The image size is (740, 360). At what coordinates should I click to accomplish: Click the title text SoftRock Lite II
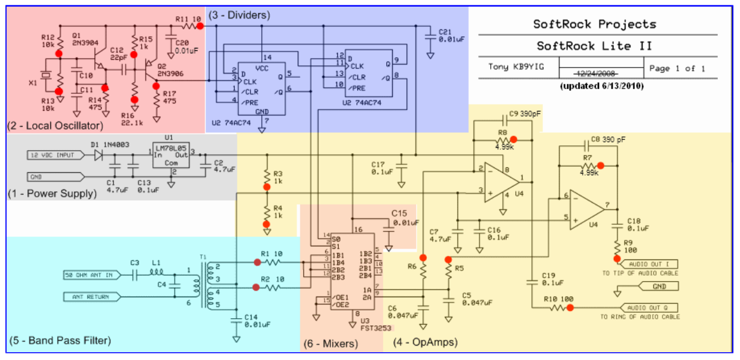point(594,46)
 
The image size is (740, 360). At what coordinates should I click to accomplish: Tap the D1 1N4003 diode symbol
point(99,155)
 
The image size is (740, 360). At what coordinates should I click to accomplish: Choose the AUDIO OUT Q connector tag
point(653,308)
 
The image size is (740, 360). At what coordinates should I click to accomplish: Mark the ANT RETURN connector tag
point(87,296)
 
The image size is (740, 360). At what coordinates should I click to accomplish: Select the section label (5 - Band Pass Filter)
point(60,341)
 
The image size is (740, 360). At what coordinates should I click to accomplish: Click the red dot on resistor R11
point(200,26)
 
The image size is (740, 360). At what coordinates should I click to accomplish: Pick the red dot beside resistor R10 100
point(570,308)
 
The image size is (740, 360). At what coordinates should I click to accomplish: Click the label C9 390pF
point(524,114)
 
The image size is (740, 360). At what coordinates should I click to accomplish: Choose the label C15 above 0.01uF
point(399,213)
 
